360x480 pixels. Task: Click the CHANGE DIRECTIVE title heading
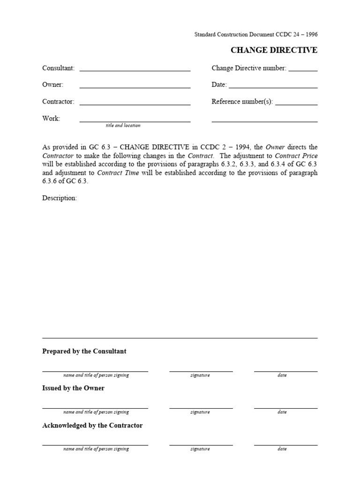point(274,50)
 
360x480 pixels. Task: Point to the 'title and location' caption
point(123,126)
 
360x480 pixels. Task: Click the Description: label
point(60,198)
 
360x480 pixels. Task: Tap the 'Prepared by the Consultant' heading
point(84,351)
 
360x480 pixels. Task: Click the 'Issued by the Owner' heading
point(74,388)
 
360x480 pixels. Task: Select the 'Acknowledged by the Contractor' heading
point(92,425)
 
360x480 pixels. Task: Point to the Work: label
point(51,119)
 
